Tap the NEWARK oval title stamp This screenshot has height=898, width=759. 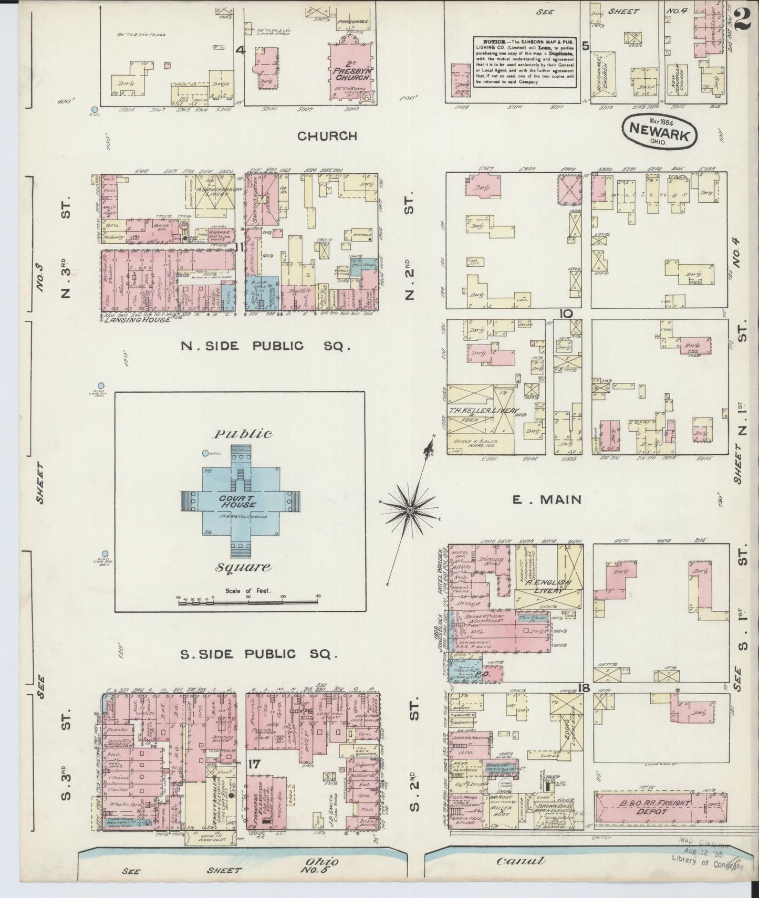click(660, 131)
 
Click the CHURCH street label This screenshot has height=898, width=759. click(327, 136)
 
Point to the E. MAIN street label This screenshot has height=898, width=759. click(546, 499)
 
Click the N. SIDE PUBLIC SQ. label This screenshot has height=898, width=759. click(264, 346)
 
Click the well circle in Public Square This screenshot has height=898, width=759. click(205, 453)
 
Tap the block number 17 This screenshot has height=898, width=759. click(254, 765)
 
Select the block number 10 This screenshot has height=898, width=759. click(566, 314)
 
